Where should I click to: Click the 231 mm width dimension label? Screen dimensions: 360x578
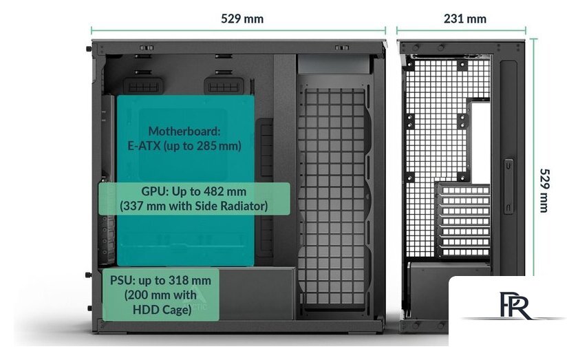point(465,19)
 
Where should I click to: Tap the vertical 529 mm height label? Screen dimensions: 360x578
point(544,190)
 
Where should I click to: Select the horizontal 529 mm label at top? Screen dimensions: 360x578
point(242,19)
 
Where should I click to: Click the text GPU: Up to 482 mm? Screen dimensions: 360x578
point(194,191)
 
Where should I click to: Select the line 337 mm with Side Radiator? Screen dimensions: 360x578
point(194,205)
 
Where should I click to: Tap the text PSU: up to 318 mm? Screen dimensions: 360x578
point(160,279)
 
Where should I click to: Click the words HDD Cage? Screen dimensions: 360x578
point(160,310)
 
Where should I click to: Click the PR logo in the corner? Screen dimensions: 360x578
point(515,305)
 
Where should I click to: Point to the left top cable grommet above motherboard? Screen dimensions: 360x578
point(144,85)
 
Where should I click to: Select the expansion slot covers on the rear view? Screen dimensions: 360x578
point(464,220)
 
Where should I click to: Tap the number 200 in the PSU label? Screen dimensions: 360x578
point(136,295)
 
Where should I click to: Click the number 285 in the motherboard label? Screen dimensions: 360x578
point(216,146)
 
